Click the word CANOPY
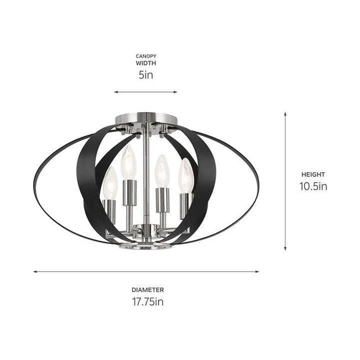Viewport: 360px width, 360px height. click(x=146, y=56)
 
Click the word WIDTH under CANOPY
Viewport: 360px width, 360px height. click(x=146, y=63)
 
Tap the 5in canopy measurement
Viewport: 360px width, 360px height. click(x=146, y=75)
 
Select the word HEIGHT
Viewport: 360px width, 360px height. click(x=313, y=174)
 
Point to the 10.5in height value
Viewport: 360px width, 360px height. click(x=313, y=186)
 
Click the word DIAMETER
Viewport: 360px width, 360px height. click(x=148, y=289)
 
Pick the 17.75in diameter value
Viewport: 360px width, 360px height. click(x=148, y=301)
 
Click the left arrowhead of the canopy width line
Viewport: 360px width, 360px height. click(x=116, y=92)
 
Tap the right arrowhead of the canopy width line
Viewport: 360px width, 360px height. click(x=175, y=92)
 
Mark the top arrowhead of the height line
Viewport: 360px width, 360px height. click(x=285, y=114)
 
